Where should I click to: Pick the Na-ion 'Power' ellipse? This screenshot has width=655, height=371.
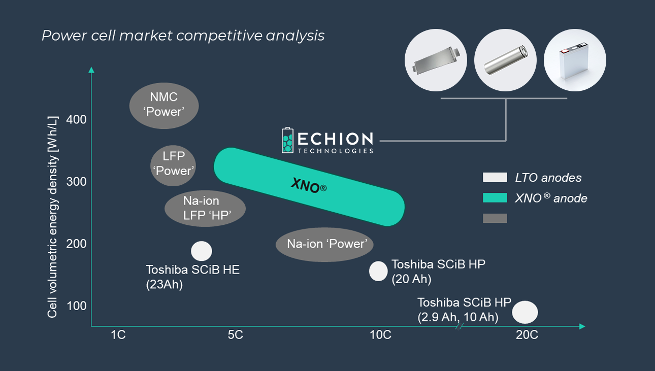pos(324,244)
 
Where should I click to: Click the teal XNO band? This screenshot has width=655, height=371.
pos(309,186)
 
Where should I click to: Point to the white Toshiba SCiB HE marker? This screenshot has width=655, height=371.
pos(201,251)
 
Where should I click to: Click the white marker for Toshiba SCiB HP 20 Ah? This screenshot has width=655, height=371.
pos(378,271)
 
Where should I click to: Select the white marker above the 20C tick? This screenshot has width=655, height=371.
pos(525,312)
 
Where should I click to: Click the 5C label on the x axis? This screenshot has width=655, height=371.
pos(235,335)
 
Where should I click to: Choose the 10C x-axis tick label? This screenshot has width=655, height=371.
pos(380,335)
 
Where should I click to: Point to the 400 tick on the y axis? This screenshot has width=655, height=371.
pos(76,120)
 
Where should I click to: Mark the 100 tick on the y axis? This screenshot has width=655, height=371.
pos(76,306)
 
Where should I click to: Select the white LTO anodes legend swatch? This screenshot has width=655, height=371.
pos(495,177)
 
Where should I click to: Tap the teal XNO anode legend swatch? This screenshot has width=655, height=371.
pos(495,198)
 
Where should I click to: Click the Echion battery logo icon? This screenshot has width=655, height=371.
pos(288,140)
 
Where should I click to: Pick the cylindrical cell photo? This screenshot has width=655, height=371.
pos(506,60)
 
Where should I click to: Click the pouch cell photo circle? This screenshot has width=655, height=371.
pos(436,60)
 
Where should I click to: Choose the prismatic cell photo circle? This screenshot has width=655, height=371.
pos(575,60)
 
